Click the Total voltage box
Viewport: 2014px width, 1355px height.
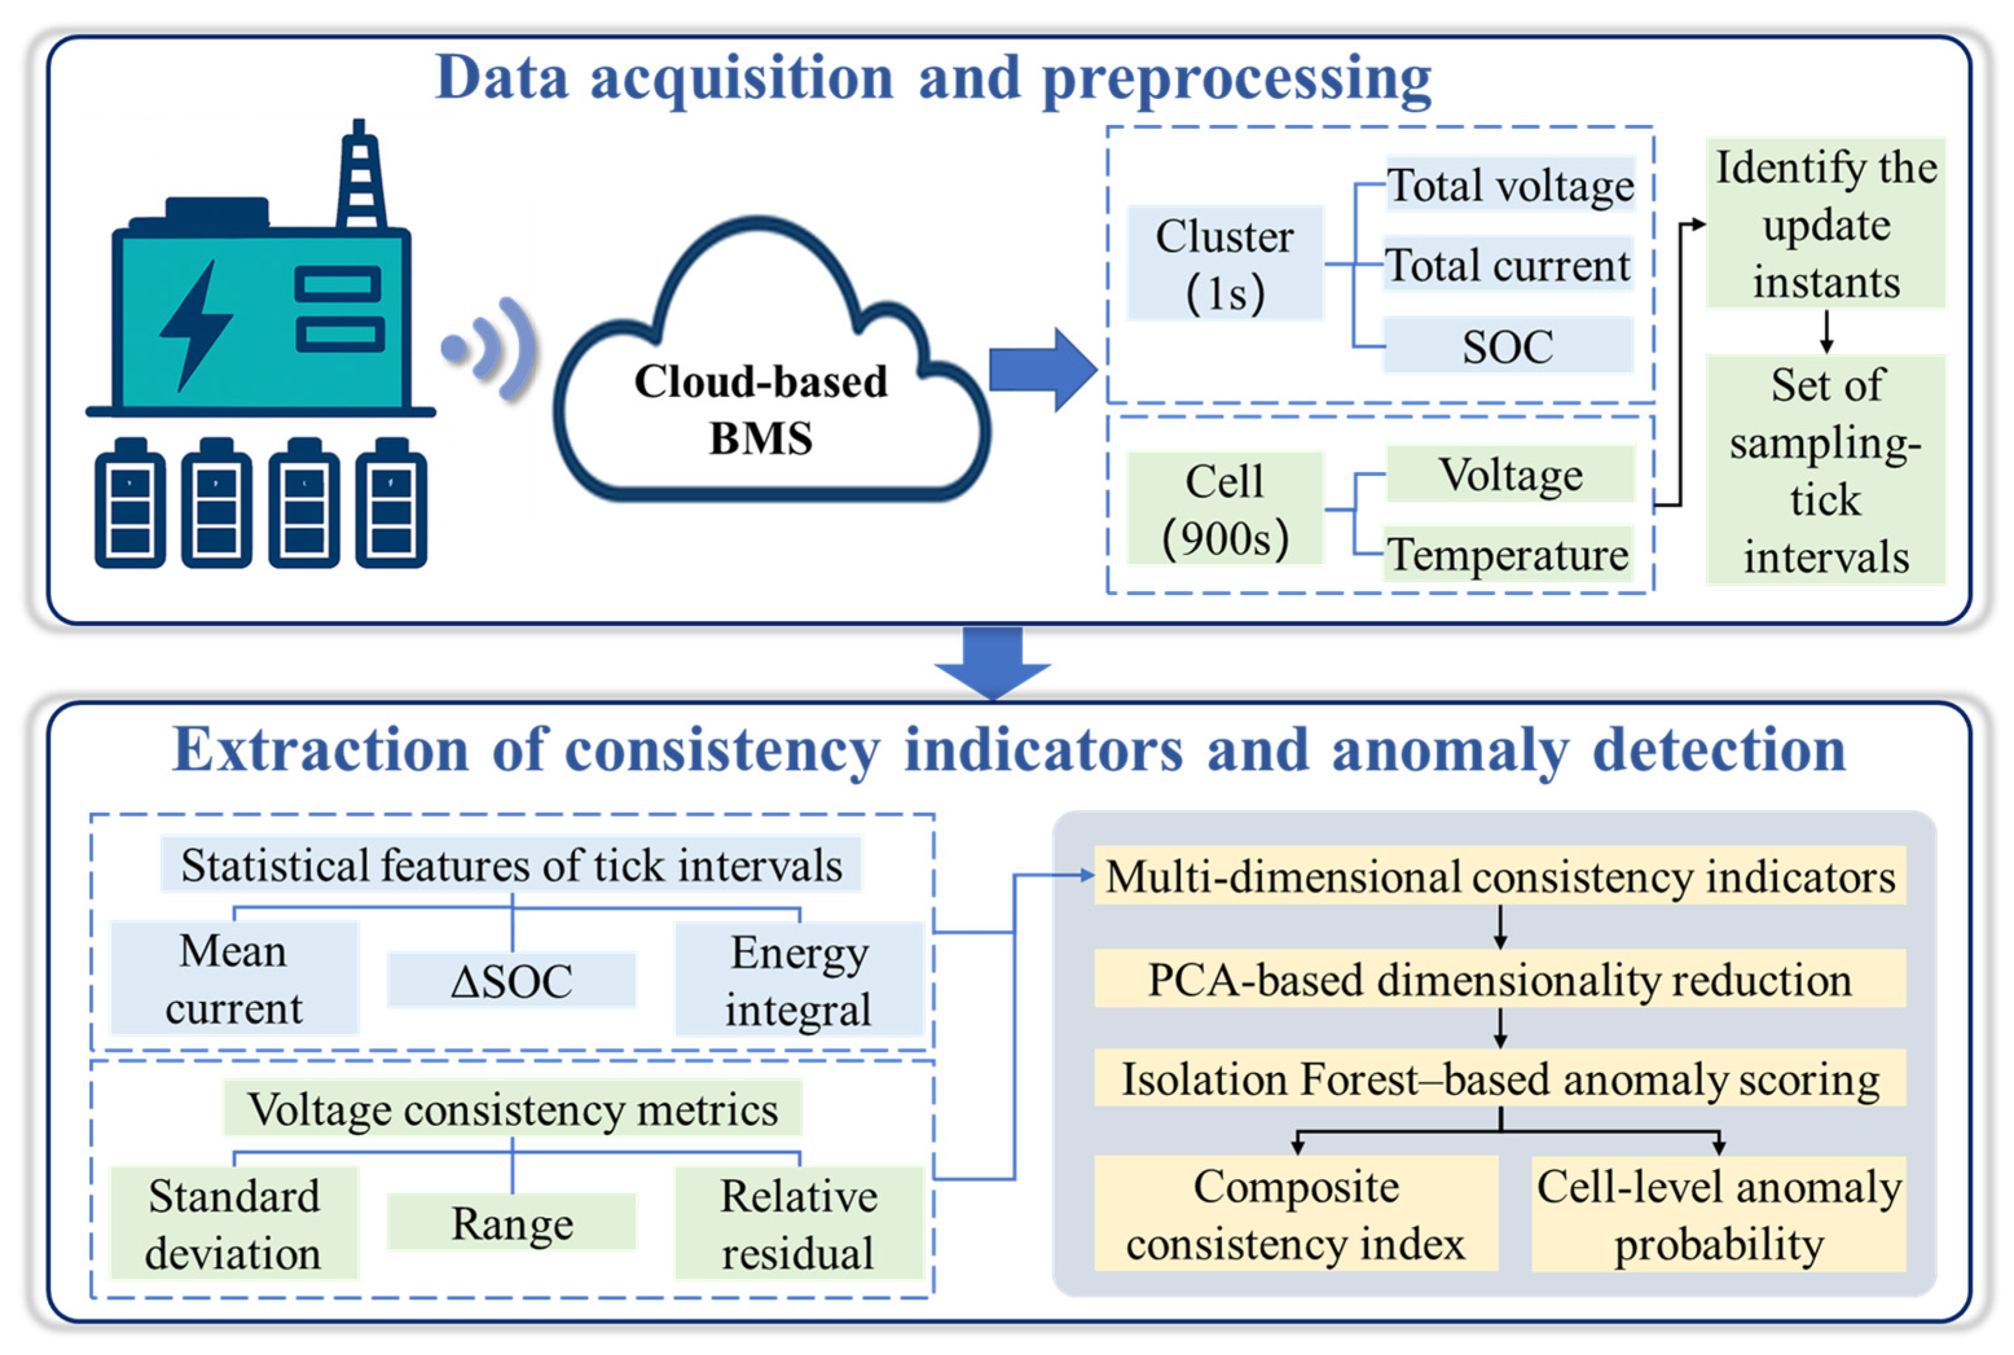(1510, 184)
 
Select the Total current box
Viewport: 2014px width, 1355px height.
(1508, 265)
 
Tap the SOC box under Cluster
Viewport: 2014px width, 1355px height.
(1508, 345)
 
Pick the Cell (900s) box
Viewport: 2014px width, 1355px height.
(1225, 508)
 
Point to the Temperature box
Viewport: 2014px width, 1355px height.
(1508, 553)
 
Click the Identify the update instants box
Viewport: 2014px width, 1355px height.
(1826, 223)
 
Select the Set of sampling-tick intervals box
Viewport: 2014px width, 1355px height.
(1826, 470)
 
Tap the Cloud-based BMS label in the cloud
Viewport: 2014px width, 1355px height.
(761, 409)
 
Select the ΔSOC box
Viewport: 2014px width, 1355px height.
(512, 980)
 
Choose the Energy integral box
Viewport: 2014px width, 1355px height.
(799, 979)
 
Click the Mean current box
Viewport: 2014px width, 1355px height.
(234, 978)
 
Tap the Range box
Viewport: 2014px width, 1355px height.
(512, 1222)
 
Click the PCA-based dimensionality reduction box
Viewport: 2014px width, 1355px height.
(1500, 979)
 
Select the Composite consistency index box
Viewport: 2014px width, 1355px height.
(1296, 1214)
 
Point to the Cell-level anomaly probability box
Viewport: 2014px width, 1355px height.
(1718, 1214)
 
